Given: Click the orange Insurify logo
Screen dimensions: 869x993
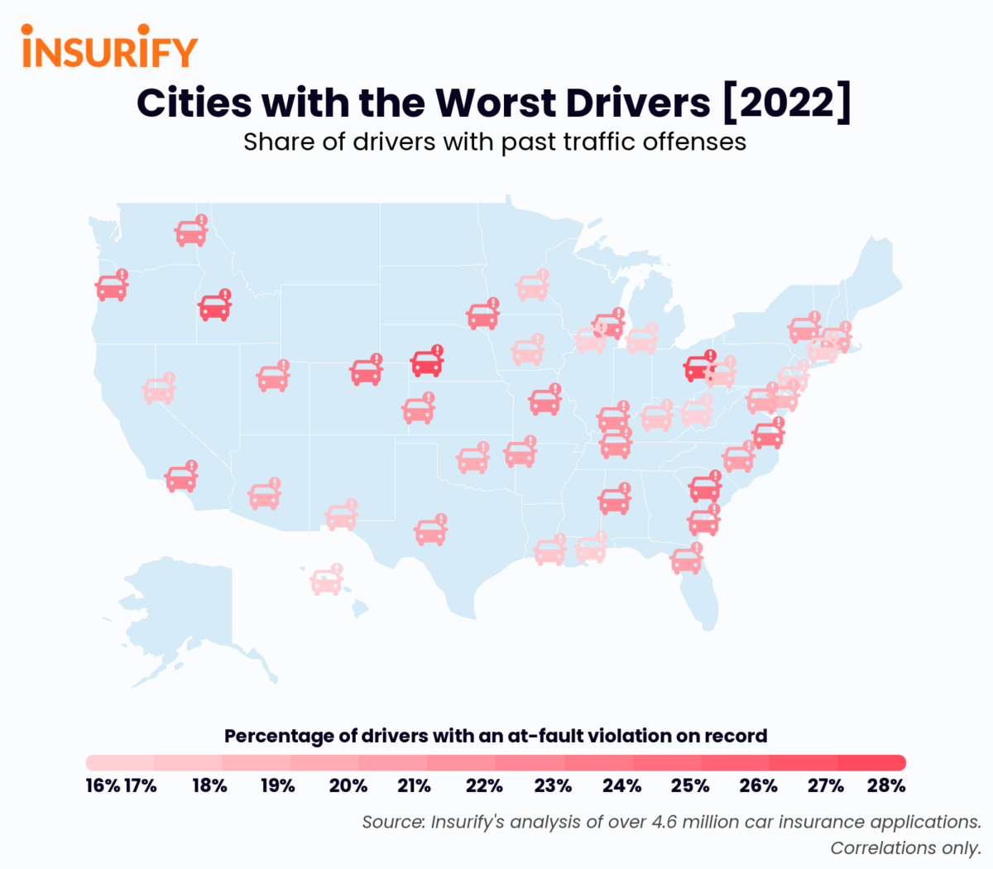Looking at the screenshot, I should (109, 47).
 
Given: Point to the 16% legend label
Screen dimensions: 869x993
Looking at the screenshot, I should (102, 785).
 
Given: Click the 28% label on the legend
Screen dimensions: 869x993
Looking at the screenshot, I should (886, 785).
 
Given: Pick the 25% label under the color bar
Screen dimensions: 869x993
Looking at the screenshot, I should (689, 785).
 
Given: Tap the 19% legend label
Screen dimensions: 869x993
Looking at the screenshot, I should (278, 785).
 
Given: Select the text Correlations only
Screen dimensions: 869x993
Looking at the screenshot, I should (905, 848).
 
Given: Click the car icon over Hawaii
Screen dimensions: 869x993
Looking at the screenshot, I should (326, 581).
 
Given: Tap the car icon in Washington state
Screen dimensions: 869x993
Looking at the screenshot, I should (190, 233).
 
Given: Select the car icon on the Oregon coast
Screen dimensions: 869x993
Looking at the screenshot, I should (111, 287).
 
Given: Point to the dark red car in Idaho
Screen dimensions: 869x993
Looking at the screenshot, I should (214, 307).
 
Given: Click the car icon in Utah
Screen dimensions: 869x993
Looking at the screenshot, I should (272, 377).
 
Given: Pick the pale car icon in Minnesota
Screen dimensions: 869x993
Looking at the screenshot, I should (532, 286).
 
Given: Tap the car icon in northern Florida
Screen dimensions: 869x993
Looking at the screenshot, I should (686, 560).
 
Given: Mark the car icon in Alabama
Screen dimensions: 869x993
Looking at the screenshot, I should (614, 501).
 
